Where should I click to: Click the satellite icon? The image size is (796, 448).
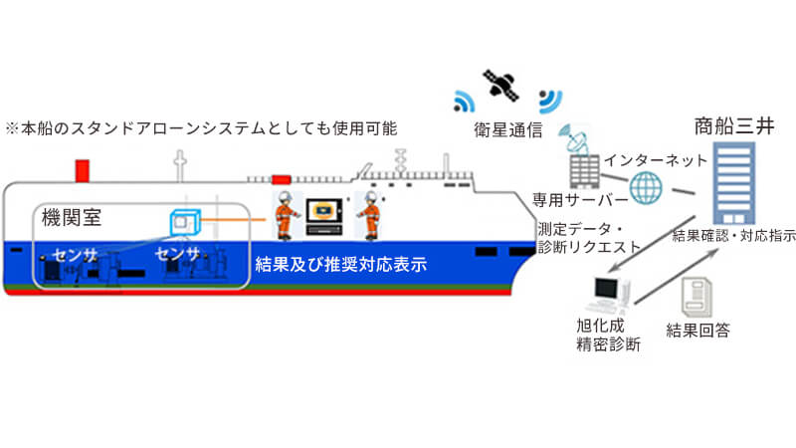501,85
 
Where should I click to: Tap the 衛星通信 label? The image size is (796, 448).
508,130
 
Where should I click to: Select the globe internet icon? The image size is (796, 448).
646,187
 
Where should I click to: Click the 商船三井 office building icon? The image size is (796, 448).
733,183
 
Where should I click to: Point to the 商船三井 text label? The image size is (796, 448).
734,126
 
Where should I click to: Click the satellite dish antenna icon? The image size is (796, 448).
574,138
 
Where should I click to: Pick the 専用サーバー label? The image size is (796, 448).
580,200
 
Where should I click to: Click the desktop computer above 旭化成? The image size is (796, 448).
609,294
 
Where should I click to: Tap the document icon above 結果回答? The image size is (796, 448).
696,297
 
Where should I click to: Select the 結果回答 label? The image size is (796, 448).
698,331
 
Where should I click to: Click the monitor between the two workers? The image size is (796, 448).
324,216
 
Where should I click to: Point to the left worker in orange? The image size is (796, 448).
287,215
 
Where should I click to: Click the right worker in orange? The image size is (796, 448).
370,215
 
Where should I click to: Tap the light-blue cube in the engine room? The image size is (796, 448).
185,222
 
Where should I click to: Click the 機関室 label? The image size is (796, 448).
72,217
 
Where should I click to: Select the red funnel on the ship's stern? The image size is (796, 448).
83,170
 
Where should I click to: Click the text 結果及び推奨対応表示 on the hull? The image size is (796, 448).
340,264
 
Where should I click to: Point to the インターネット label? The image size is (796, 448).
656,160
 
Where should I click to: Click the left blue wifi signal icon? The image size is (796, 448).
464,102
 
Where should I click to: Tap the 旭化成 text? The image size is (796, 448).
600,326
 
